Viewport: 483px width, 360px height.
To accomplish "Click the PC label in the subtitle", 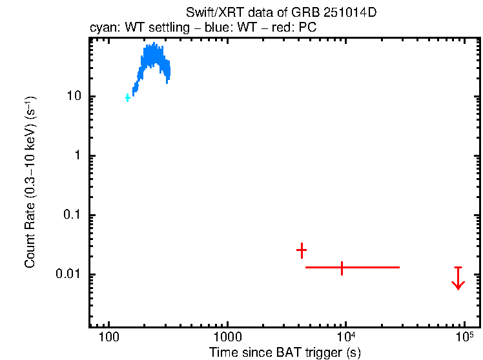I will [x=305, y=28].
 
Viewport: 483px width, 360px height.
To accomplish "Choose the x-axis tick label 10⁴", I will [x=345, y=337].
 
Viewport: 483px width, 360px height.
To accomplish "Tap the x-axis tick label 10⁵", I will [x=464, y=337].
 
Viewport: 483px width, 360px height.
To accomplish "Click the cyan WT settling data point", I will [x=128, y=97].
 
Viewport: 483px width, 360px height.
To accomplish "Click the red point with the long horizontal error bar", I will [x=342, y=267].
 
